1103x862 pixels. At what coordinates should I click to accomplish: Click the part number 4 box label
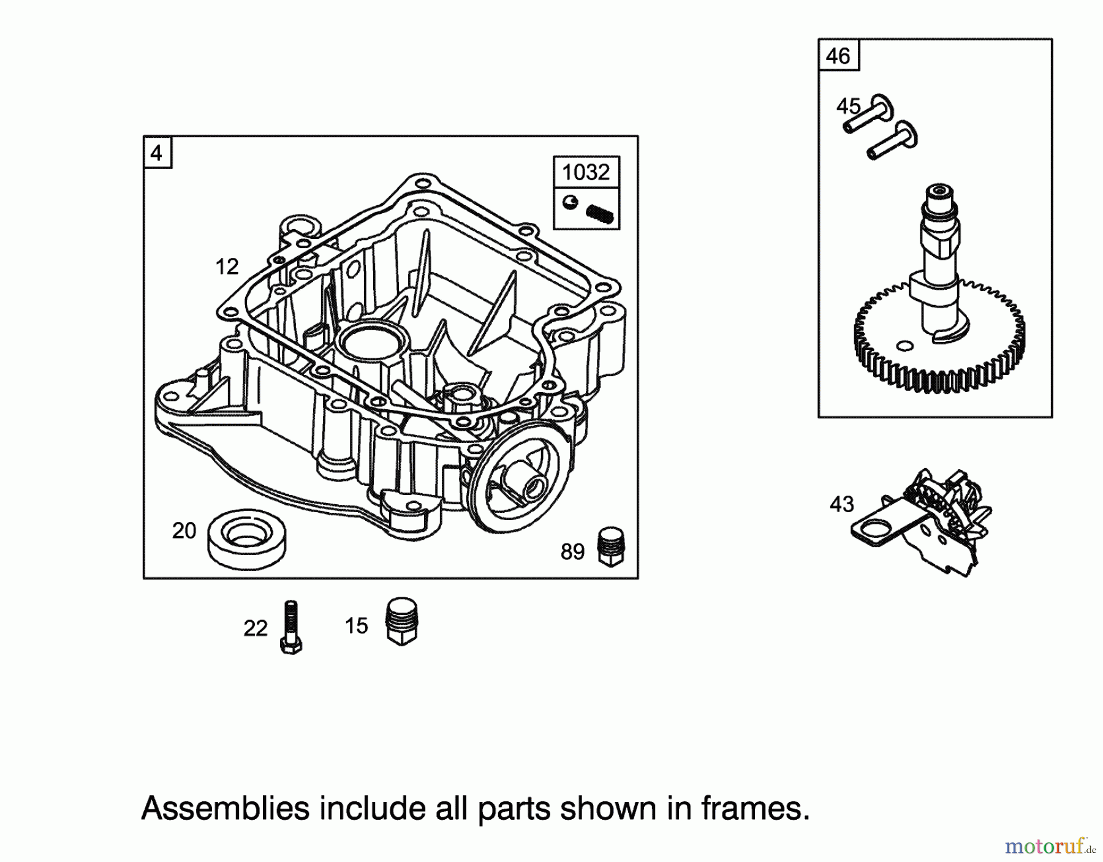pyautogui.click(x=157, y=153)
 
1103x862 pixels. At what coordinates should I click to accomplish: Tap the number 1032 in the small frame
pyautogui.click(x=586, y=172)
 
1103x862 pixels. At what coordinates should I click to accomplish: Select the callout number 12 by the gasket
pyautogui.click(x=227, y=267)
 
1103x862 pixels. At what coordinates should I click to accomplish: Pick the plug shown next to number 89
pyautogui.click(x=610, y=546)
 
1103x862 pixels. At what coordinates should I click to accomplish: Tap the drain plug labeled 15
pyautogui.click(x=402, y=621)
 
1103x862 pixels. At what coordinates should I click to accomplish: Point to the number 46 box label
pyautogui.click(x=838, y=56)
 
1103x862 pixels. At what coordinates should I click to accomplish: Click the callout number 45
pyautogui.click(x=849, y=107)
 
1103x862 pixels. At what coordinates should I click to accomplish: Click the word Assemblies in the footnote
pyautogui.click(x=225, y=809)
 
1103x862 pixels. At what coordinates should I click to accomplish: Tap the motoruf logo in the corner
pyautogui.click(x=1048, y=847)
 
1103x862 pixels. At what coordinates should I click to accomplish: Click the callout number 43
pyautogui.click(x=841, y=504)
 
